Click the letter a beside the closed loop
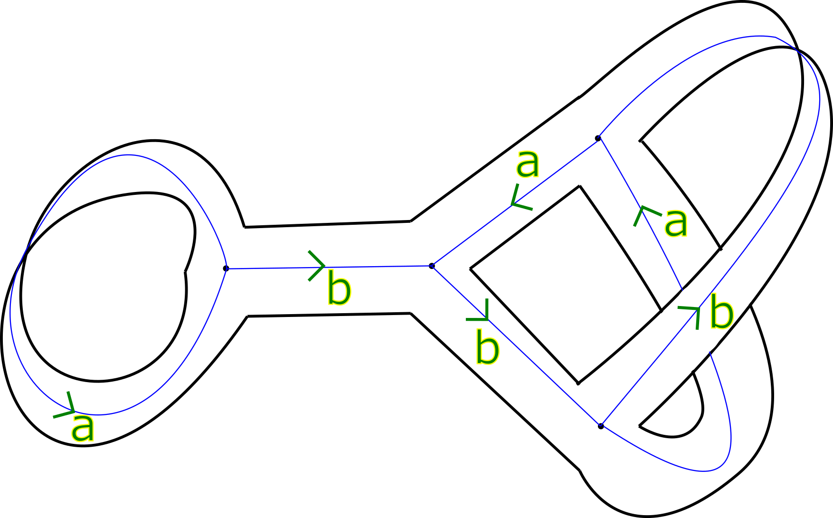(x=83, y=428)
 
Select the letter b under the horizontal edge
(x=339, y=290)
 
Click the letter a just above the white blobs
(x=676, y=223)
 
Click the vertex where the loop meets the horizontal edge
(x=227, y=269)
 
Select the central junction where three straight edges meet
(x=432, y=266)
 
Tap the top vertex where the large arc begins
(x=598, y=138)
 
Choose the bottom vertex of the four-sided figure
(x=601, y=425)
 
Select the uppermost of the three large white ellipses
(x=734, y=278)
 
